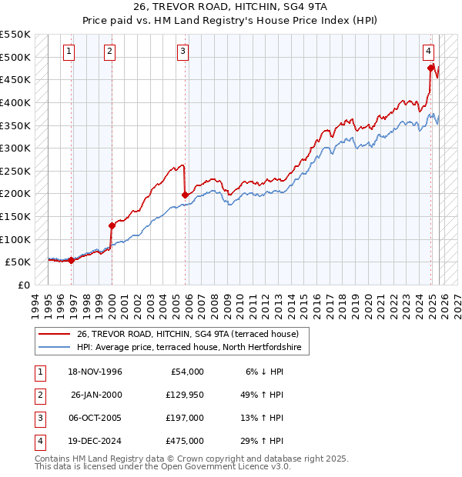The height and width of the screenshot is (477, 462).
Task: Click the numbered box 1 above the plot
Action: [x=69, y=52]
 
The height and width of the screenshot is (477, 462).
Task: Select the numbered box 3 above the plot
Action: [x=183, y=52]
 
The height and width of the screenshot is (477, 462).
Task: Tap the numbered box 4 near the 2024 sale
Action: [x=427, y=52]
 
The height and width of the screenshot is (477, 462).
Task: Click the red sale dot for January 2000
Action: [x=112, y=225]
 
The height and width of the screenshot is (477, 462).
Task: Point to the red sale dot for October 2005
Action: [x=186, y=195]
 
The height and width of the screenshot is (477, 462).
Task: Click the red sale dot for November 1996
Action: [x=72, y=260]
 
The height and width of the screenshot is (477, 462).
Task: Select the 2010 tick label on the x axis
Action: [x=240, y=302]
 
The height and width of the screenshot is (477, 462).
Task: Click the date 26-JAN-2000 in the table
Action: [x=96, y=394]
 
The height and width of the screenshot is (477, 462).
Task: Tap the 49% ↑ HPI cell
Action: [x=260, y=394]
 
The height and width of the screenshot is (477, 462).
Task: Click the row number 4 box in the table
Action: [x=39, y=441]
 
